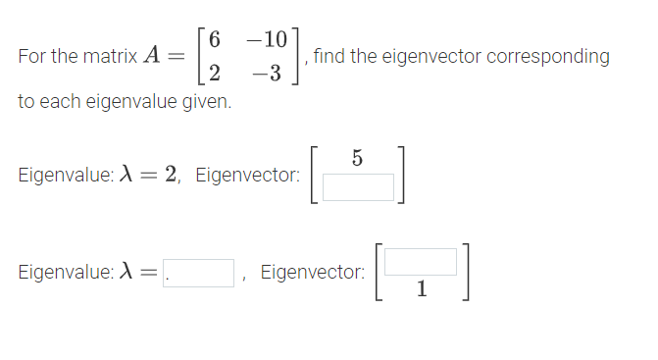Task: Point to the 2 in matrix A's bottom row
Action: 215,73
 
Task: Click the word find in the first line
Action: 329,57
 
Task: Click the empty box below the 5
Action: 358,186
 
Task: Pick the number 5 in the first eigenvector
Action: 357,157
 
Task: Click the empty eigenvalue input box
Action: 199,273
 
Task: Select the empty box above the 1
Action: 421,261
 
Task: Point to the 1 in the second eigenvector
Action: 421,289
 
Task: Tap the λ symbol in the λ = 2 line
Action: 125,175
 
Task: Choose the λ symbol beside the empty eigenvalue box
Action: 125,273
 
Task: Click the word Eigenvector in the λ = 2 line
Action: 247,176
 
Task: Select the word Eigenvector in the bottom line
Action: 313,273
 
